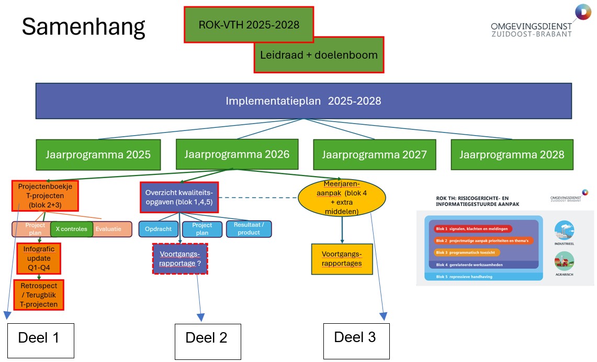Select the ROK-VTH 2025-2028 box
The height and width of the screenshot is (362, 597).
click(249, 24)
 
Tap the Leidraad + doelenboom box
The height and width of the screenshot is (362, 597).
click(319, 54)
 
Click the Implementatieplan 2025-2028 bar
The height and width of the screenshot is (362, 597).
click(303, 101)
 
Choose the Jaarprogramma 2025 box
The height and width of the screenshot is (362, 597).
click(98, 155)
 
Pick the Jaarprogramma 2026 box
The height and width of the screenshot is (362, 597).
click(236, 154)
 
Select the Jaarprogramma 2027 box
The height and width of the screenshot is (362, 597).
click(374, 155)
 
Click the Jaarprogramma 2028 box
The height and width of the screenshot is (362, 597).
click(511, 155)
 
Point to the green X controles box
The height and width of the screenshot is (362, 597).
click(71, 229)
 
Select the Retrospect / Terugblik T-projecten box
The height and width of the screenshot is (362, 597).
click(39, 295)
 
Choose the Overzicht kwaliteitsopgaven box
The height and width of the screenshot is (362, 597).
click(179, 197)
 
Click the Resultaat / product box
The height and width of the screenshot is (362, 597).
click(249, 229)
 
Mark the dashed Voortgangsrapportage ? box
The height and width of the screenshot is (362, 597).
click(180, 258)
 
